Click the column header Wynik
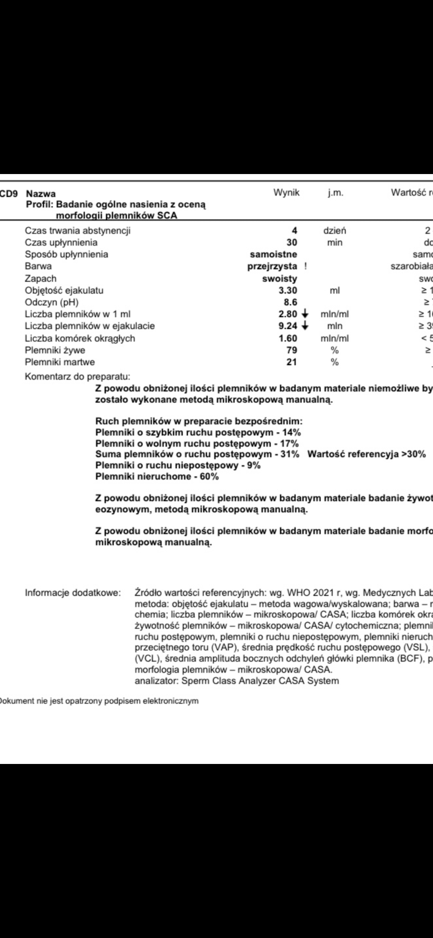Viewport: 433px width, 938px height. pyautogui.click(x=286, y=193)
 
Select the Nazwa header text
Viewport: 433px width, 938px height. pyautogui.click(x=43, y=193)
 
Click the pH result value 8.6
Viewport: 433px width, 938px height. pyautogui.click(x=289, y=302)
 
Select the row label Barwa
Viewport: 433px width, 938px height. pyautogui.click(x=38, y=266)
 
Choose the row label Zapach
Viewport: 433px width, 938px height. pyautogui.click(x=40, y=278)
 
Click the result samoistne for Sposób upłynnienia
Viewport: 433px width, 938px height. pyautogui.click(x=273, y=254)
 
